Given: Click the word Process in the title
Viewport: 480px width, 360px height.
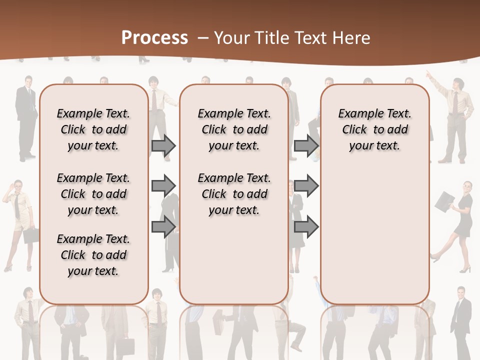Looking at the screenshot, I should coord(154,38).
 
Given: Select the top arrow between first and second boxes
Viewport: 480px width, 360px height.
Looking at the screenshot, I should coord(163,145).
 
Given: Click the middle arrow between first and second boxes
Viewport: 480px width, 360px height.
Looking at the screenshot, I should coord(163,185).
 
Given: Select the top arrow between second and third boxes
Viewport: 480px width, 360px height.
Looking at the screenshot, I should coord(306,145).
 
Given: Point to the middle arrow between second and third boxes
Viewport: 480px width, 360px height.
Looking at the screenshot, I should coord(306,185).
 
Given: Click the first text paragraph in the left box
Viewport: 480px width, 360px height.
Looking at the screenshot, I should coord(93,129).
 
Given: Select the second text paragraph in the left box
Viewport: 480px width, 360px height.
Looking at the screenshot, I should coord(93,194).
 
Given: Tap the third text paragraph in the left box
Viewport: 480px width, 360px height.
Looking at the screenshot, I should coord(93,255).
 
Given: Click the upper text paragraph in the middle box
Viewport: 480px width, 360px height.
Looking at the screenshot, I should coord(234,129).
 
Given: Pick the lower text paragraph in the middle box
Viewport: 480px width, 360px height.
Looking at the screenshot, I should coord(234,194).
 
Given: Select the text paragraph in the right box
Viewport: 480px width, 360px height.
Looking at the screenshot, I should coord(374,129).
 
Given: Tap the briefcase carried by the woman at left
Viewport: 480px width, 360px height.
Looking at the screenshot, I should coord(30,235).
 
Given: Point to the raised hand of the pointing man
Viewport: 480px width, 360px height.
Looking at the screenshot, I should coord(429,74).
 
